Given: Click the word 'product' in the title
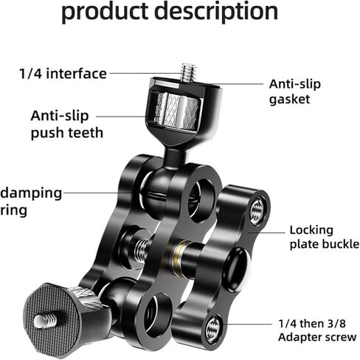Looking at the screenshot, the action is [x=105, y=11].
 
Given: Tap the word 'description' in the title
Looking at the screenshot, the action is [x=217, y=11].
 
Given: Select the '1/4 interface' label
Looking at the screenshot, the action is [x=63, y=74].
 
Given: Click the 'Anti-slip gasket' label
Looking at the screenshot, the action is [x=295, y=91].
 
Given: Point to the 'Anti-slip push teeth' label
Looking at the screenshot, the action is [x=67, y=125].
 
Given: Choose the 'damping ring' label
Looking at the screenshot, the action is [x=31, y=202].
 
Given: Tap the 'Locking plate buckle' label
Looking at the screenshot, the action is [x=325, y=237].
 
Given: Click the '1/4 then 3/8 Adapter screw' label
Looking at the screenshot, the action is [x=317, y=330].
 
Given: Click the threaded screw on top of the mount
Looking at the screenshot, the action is [x=189, y=73].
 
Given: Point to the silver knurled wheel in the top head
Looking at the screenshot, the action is [x=176, y=111].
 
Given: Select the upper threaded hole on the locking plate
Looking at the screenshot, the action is [x=257, y=211].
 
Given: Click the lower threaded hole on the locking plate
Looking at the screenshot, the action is [x=213, y=329].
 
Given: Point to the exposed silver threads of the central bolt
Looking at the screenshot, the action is [x=142, y=248].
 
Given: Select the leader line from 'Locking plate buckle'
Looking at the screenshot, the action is [x=266, y=232].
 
